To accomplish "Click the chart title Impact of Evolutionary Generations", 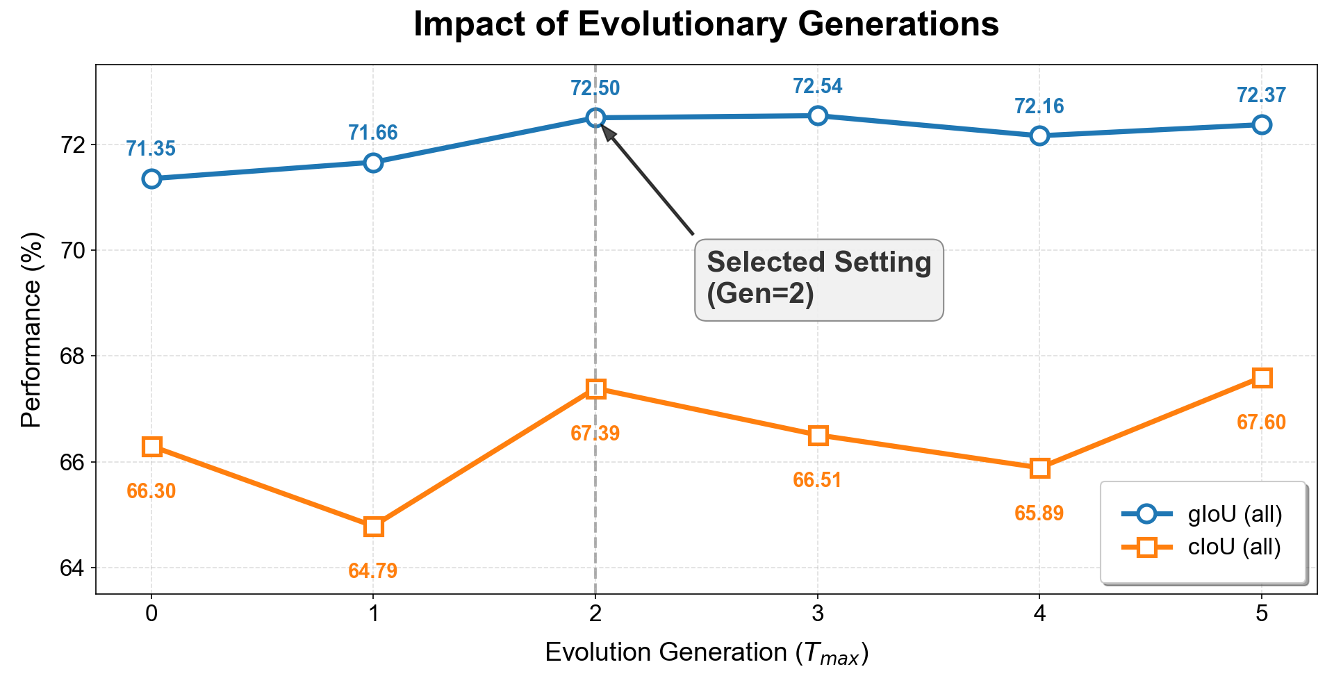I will tap(706, 25).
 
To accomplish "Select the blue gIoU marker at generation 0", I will tap(151, 179).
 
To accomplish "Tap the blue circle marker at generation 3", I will tap(818, 115).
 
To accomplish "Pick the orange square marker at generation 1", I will tap(373, 527).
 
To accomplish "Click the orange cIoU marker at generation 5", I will tap(1262, 378).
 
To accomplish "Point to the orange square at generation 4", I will tap(1039, 468).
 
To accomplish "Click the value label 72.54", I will tap(818, 87).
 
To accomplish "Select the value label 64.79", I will tap(373, 571).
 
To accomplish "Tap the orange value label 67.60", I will tap(1262, 422).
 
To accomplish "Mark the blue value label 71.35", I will tap(151, 149).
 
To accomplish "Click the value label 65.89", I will tap(1039, 513).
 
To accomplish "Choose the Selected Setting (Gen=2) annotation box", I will tap(819, 279).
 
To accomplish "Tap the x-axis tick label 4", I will tap(1039, 614).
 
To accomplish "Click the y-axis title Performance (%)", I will tap(31, 330).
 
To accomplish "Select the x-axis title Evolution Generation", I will tap(706, 653).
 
